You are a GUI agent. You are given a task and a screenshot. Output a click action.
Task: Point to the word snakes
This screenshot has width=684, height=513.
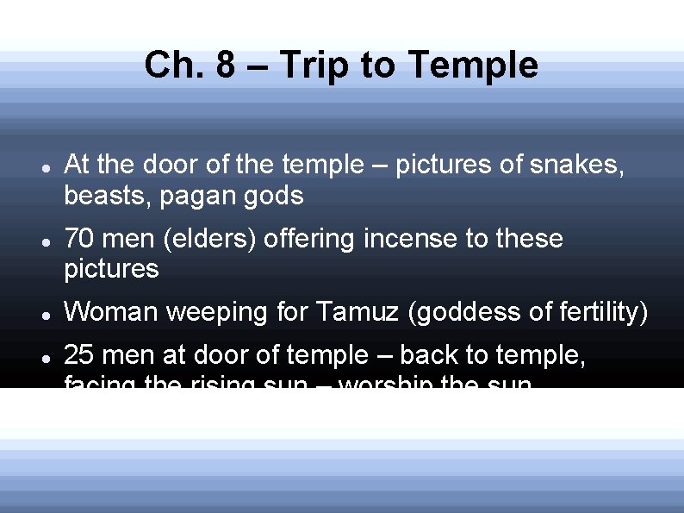click(x=578, y=165)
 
